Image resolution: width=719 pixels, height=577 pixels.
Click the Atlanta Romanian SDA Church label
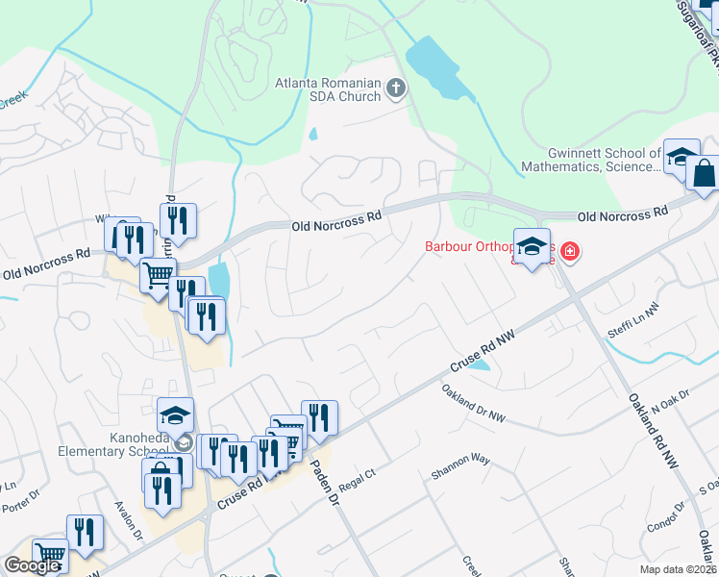pyautogui.click(x=328, y=88)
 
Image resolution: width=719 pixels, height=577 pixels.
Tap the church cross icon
pyautogui.click(x=395, y=89)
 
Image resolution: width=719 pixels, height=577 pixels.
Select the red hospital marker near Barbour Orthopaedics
pyautogui.click(x=570, y=252)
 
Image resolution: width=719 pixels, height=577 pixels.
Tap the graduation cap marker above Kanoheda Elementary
pyautogui.click(x=175, y=415)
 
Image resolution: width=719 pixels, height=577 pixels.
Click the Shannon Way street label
pyautogui.click(x=460, y=466)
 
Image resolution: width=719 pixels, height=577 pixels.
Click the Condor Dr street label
pyautogui.click(x=664, y=520)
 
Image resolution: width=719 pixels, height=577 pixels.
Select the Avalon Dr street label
pyautogui.click(x=129, y=519)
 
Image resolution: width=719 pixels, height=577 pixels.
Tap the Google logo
pyautogui.click(x=32, y=565)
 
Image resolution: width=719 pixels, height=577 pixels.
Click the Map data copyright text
pyautogui.click(x=679, y=569)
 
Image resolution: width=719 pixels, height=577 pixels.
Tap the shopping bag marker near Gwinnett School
pyautogui.click(x=704, y=174)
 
